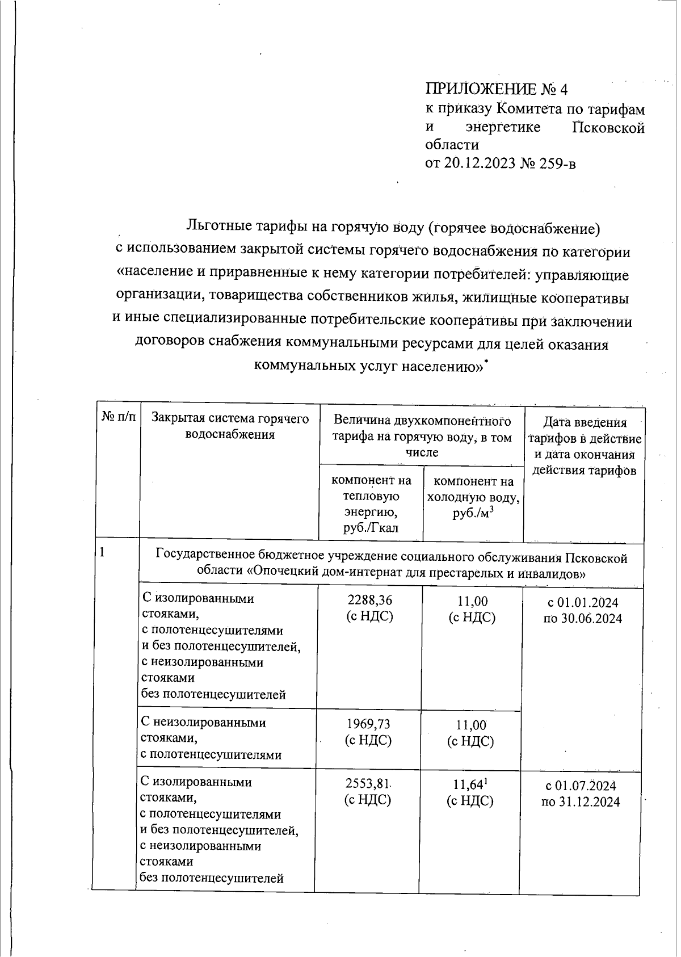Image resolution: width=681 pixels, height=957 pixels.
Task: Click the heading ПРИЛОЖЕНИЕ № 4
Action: pos(497,90)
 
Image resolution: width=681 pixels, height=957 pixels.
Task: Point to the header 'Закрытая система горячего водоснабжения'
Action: pos(230,427)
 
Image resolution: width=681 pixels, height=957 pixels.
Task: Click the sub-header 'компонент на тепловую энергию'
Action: pos(371,504)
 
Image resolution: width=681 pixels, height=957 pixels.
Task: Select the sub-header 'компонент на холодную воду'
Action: pos(473,497)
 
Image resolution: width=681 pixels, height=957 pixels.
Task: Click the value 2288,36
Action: pos(370,601)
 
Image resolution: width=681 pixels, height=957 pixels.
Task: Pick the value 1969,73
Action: pos(369,724)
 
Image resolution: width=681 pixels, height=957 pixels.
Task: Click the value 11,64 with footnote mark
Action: pos(470,785)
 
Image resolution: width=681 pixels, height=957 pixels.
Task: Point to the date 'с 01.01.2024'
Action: pos(582,603)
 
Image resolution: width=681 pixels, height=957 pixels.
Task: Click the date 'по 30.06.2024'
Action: pos(582,618)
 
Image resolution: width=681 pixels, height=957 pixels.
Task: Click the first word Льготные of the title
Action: pos(219,227)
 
